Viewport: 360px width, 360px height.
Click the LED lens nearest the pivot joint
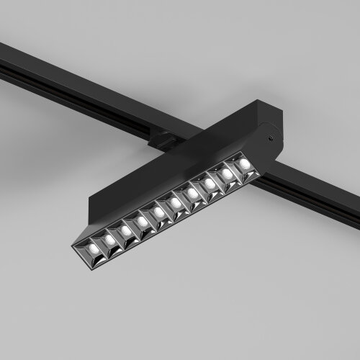(244, 165)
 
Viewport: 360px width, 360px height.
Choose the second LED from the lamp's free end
(109, 240)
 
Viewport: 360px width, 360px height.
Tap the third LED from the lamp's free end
(126, 230)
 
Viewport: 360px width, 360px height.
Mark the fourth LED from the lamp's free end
(143, 221)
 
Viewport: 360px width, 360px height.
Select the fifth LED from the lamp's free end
(159, 212)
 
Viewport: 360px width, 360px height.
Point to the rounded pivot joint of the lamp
(270, 144)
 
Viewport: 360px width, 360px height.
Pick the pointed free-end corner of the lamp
(73, 248)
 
